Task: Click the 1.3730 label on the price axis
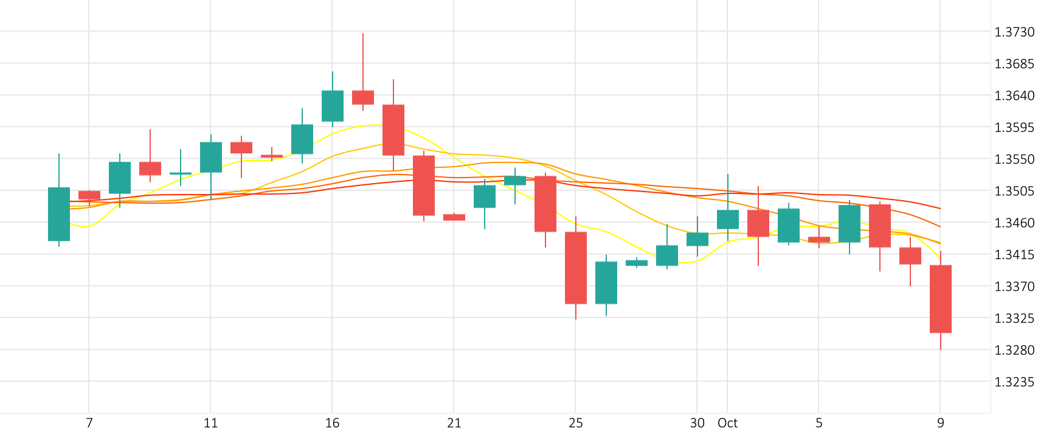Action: tap(1014, 32)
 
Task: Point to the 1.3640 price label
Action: tap(1014, 95)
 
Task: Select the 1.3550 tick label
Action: tap(1014, 159)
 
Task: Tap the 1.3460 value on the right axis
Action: tap(1014, 223)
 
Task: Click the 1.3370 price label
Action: tap(1014, 286)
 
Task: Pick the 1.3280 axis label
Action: tap(1014, 350)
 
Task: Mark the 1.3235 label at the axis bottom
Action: tap(1014, 382)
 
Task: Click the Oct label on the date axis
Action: tap(727, 423)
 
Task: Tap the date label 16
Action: tap(332, 423)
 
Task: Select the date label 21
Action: tap(454, 423)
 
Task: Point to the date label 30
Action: tap(697, 423)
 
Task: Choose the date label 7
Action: tap(89, 423)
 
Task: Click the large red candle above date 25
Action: tap(576, 268)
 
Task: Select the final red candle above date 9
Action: tap(941, 299)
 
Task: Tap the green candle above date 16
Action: tap(333, 106)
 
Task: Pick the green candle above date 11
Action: tap(211, 157)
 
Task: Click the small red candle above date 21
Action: tap(454, 217)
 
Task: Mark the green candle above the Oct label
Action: tap(728, 220)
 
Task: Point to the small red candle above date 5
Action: tap(819, 240)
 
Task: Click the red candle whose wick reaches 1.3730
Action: tap(363, 97)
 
